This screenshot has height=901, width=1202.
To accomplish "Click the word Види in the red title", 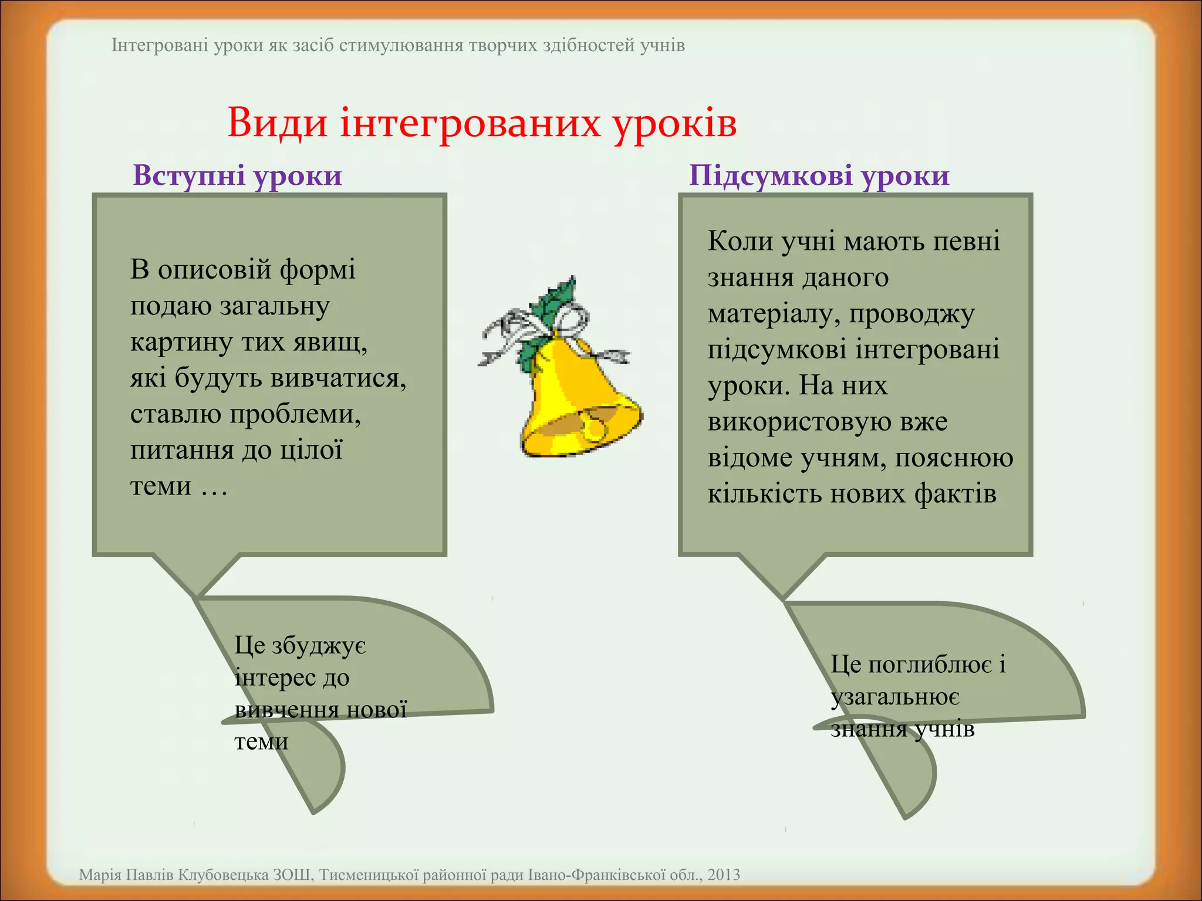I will (x=277, y=123).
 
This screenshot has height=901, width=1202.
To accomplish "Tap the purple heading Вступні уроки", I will (x=237, y=175).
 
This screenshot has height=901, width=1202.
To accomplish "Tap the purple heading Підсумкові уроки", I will (x=819, y=175).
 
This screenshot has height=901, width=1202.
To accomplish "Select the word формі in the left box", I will (x=318, y=270).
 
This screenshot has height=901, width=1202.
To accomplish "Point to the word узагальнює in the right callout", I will (x=894, y=697).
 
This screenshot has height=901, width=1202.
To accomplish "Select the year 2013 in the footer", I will (x=724, y=875).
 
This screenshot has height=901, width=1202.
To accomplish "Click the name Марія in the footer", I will (x=96, y=875).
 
